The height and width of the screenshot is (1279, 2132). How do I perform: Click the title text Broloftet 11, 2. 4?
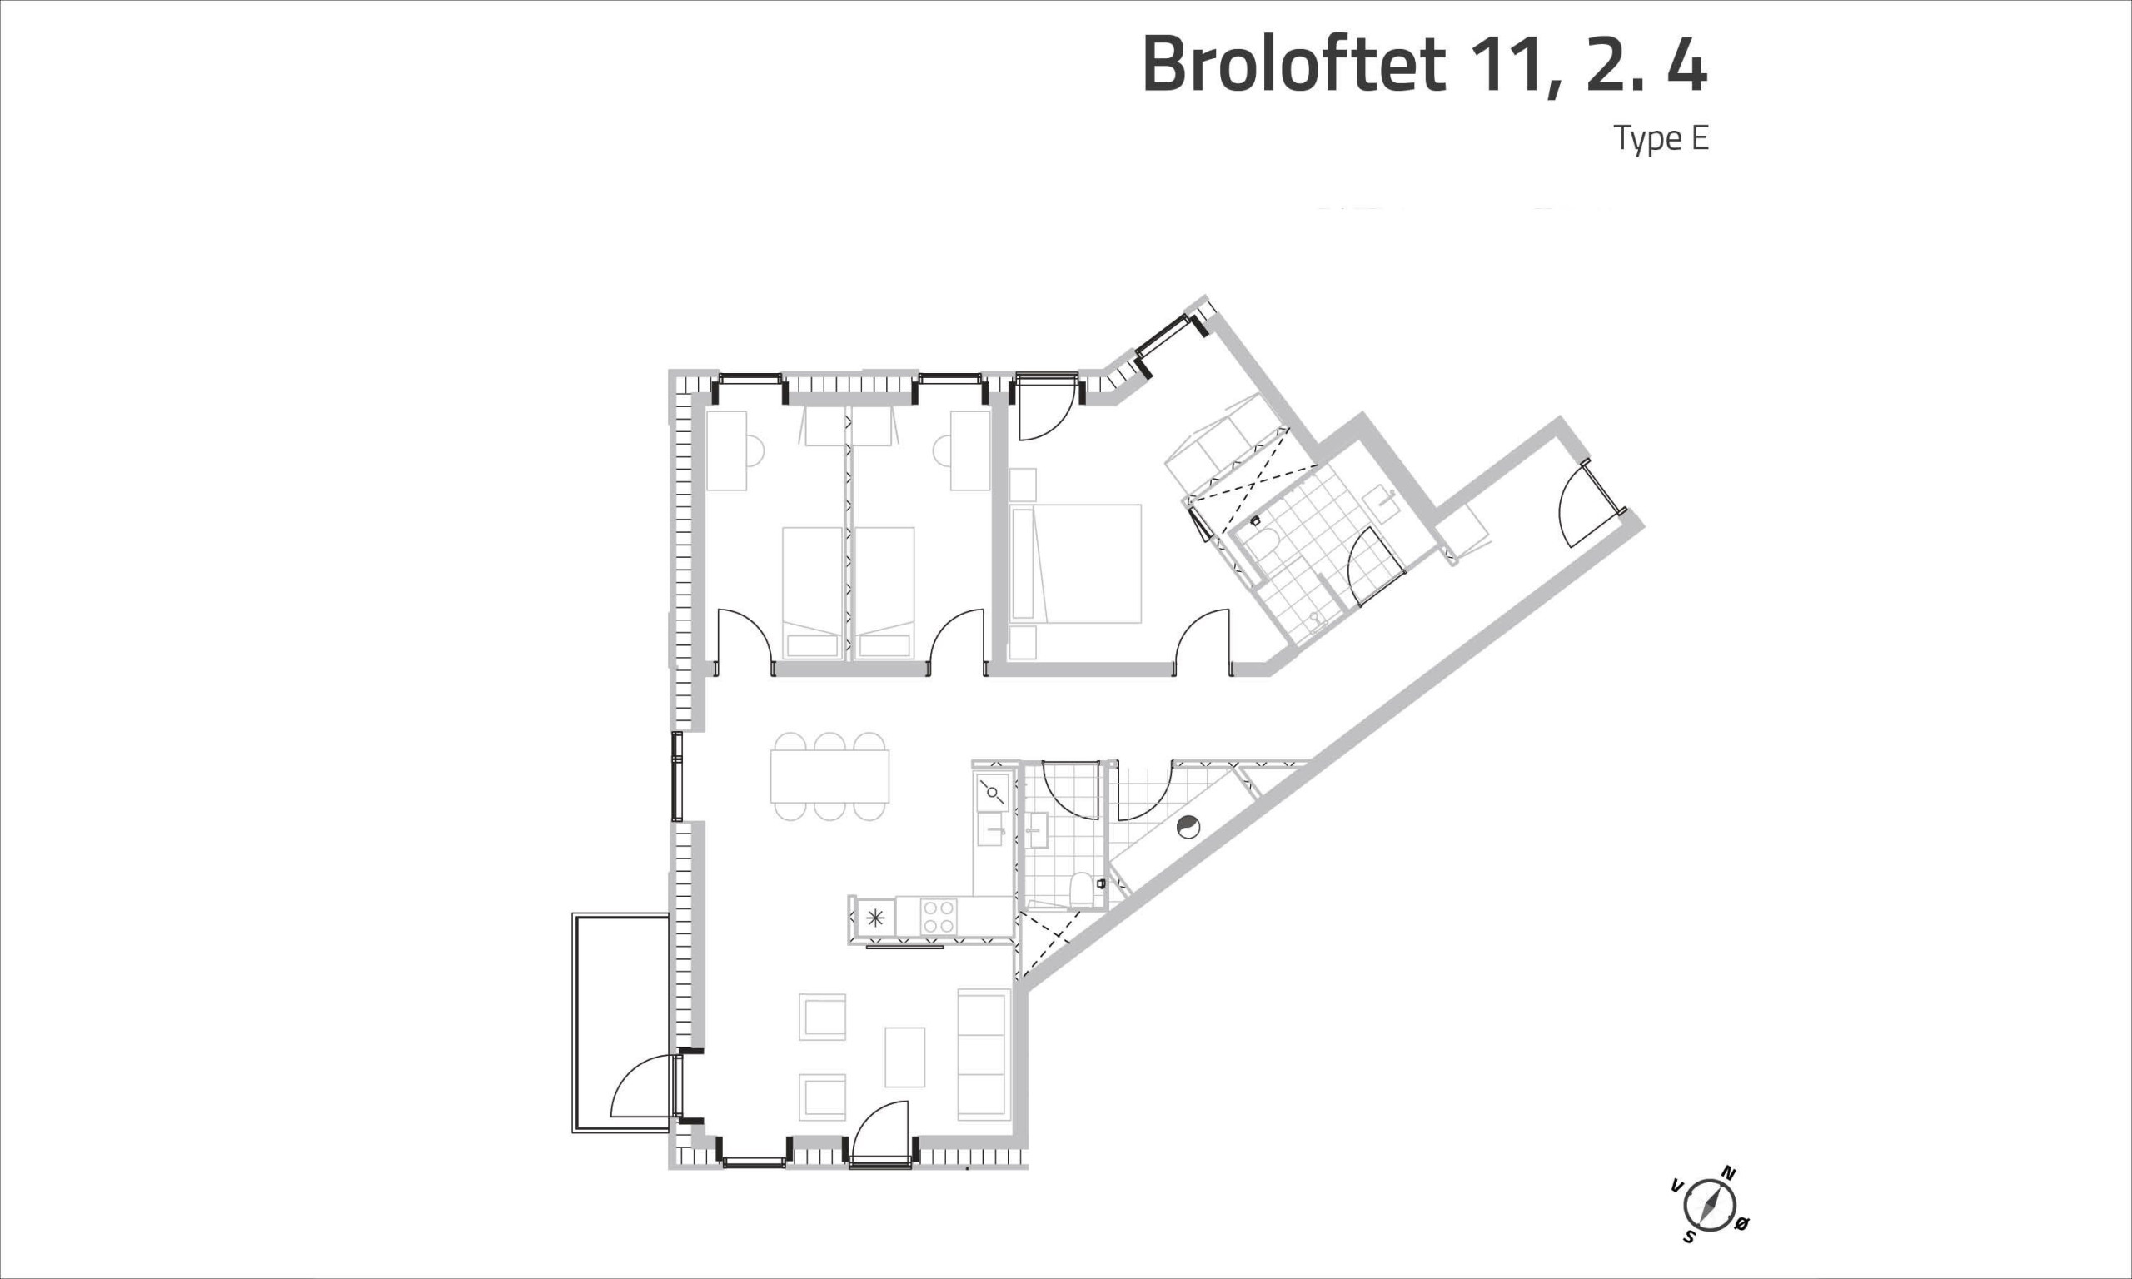(1423, 66)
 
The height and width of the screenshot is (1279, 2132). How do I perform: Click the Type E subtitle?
(1661, 139)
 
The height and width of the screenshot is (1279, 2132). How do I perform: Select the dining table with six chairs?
(829, 776)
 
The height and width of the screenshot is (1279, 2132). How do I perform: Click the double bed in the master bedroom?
(1074, 564)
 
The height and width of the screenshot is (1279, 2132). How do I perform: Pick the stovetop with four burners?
(939, 916)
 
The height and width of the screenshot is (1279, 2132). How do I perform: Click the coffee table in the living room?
(904, 1057)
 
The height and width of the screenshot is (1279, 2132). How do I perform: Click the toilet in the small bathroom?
(1081, 889)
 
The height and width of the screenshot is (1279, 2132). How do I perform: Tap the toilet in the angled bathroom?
(1263, 541)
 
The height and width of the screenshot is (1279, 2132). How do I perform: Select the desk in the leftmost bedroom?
(726, 450)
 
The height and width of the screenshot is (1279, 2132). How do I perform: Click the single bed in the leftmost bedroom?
(812, 593)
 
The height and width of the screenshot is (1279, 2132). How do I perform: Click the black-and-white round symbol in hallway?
(1188, 827)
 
